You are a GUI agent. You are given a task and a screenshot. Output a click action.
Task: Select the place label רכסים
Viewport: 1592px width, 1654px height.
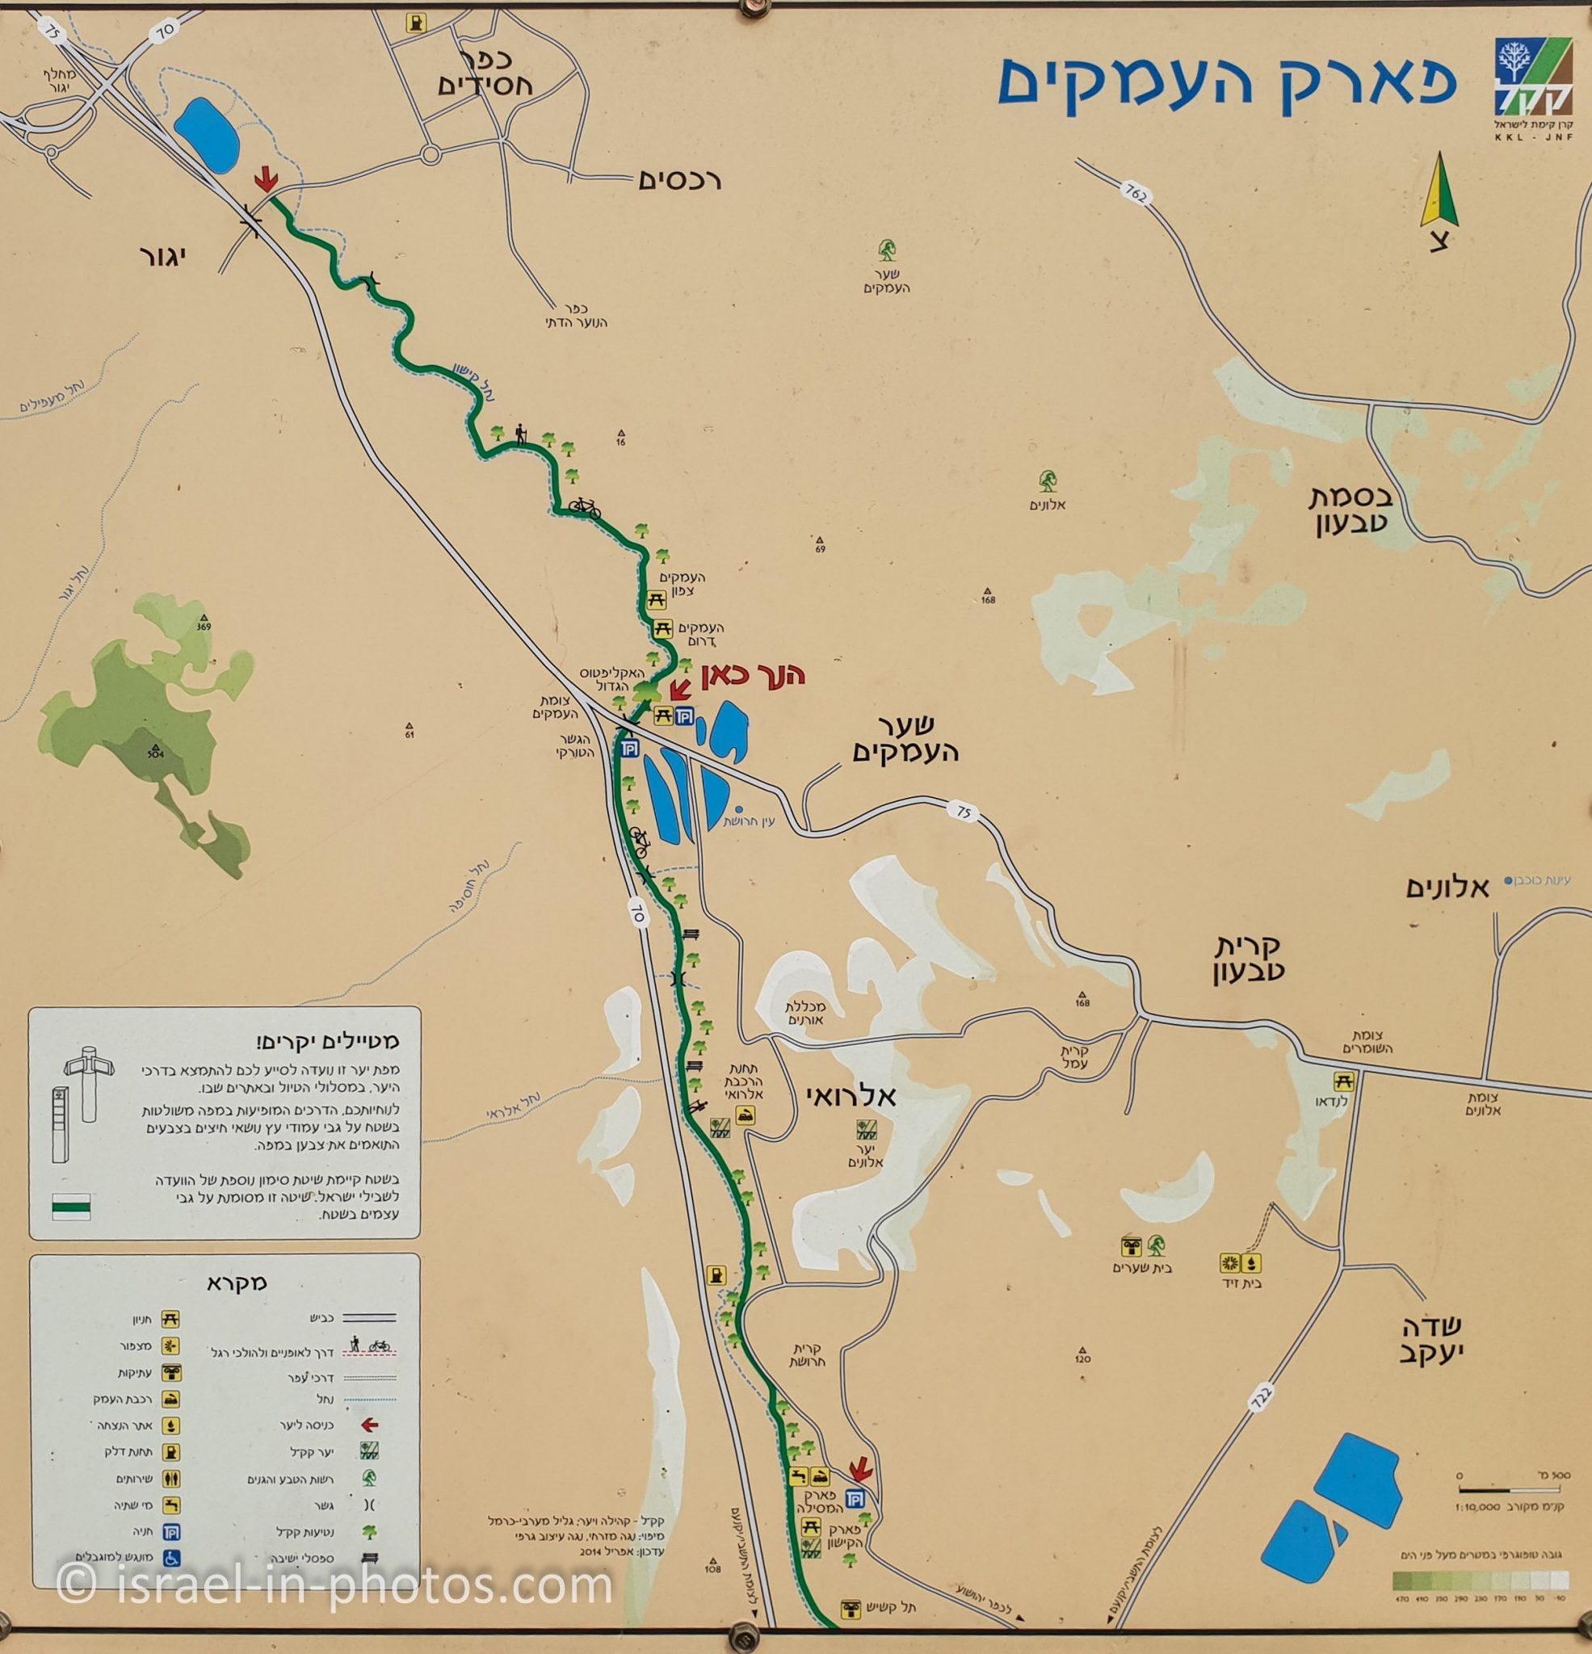pos(679,180)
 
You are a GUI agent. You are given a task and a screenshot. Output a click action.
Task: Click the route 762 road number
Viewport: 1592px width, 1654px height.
pos(1136,194)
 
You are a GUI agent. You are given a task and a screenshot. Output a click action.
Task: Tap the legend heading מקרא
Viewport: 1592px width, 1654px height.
pos(237,1283)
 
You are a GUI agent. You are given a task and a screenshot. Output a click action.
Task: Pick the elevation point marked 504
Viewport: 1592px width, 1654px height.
pos(154,752)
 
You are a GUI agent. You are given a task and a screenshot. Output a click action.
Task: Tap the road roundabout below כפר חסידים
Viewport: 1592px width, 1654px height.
pos(431,154)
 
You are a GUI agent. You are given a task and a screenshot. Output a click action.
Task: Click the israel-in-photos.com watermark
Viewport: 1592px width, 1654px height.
pos(334,1586)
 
